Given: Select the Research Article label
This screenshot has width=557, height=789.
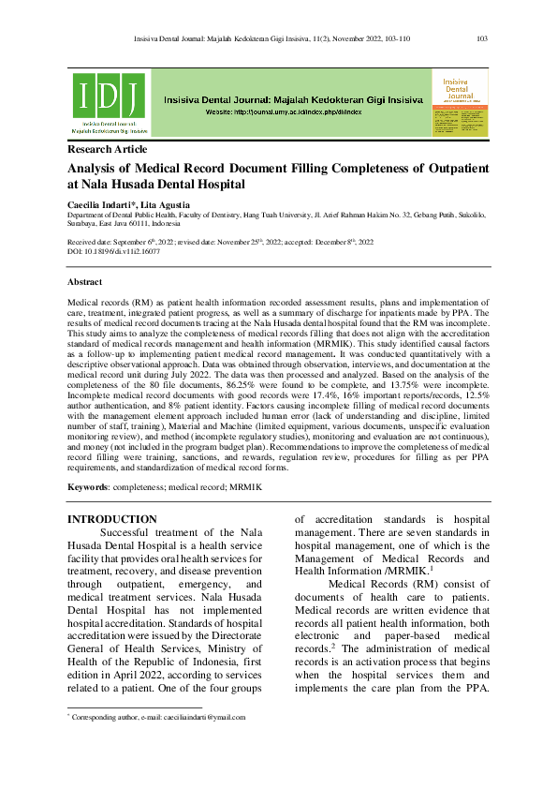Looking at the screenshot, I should click(107, 150).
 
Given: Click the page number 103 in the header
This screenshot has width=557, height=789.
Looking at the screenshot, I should click(483, 38).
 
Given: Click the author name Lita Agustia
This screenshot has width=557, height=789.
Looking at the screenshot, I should click(169, 204).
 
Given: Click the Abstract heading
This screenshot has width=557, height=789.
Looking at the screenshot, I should click(85, 282).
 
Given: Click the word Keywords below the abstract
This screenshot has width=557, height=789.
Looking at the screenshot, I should click(87, 488).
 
